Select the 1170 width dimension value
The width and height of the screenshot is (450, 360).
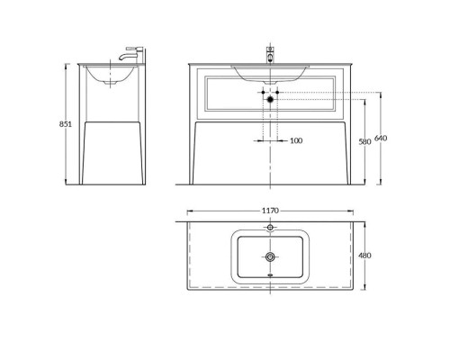click(270, 211)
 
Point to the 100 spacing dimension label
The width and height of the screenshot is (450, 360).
click(296, 140)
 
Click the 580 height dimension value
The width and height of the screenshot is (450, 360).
click(364, 141)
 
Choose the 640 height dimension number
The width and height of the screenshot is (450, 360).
click(381, 138)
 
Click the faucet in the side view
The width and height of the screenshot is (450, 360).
click(132, 55)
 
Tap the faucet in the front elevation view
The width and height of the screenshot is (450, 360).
click(270, 52)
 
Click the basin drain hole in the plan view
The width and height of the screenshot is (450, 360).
click(270, 258)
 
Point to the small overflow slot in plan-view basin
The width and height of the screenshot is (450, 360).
click(270, 276)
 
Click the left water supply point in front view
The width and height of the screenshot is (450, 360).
click(263, 93)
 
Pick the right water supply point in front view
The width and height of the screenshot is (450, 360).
click(277, 93)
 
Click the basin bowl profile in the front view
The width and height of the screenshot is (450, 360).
click(270, 71)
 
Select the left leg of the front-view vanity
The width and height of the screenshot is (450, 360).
click(195, 153)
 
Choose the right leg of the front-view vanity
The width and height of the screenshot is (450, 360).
click(345, 153)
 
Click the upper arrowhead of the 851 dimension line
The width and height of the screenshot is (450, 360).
click(68, 67)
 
